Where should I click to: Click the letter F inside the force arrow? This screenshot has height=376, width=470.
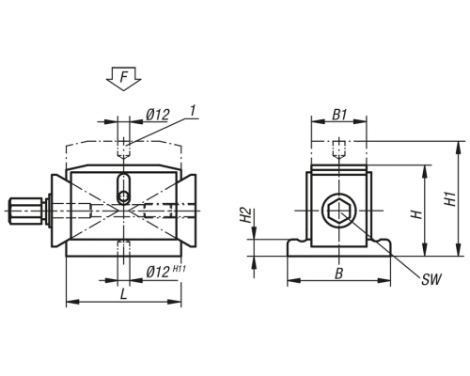124,77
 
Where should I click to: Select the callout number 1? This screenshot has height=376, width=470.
193,111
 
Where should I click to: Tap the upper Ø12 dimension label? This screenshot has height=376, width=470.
158,115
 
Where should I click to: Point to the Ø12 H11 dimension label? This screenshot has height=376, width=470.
165,272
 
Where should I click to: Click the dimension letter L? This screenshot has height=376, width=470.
124,294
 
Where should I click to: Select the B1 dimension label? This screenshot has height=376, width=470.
339,115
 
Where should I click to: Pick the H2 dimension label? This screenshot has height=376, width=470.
246,215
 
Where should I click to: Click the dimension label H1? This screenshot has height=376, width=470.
450,198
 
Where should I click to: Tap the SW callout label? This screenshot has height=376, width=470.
431,279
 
